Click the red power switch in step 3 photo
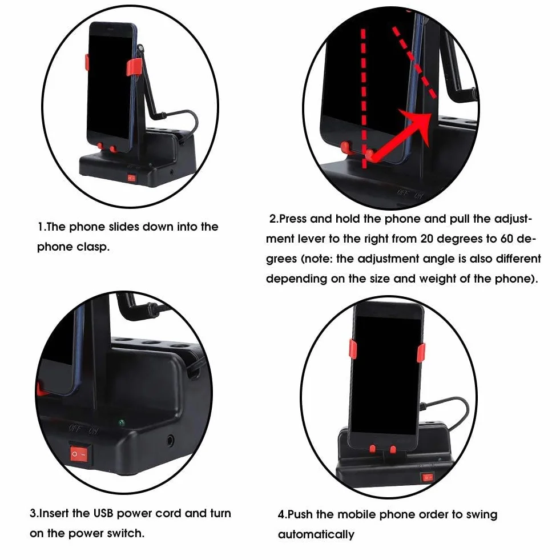click(79, 454)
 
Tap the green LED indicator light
click(122, 423)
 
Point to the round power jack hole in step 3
click(170, 441)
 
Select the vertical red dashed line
click(363, 98)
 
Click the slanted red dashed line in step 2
click(414, 62)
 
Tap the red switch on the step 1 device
click(131, 178)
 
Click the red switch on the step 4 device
click(428, 477)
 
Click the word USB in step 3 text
click(103, 513)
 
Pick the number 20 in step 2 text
click(427, 239)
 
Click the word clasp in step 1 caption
click(93, 247)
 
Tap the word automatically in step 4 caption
click(316, 535)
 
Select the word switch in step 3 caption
click(126, 533)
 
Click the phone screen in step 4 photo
click(388, 375)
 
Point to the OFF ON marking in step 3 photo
click(83, 429)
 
